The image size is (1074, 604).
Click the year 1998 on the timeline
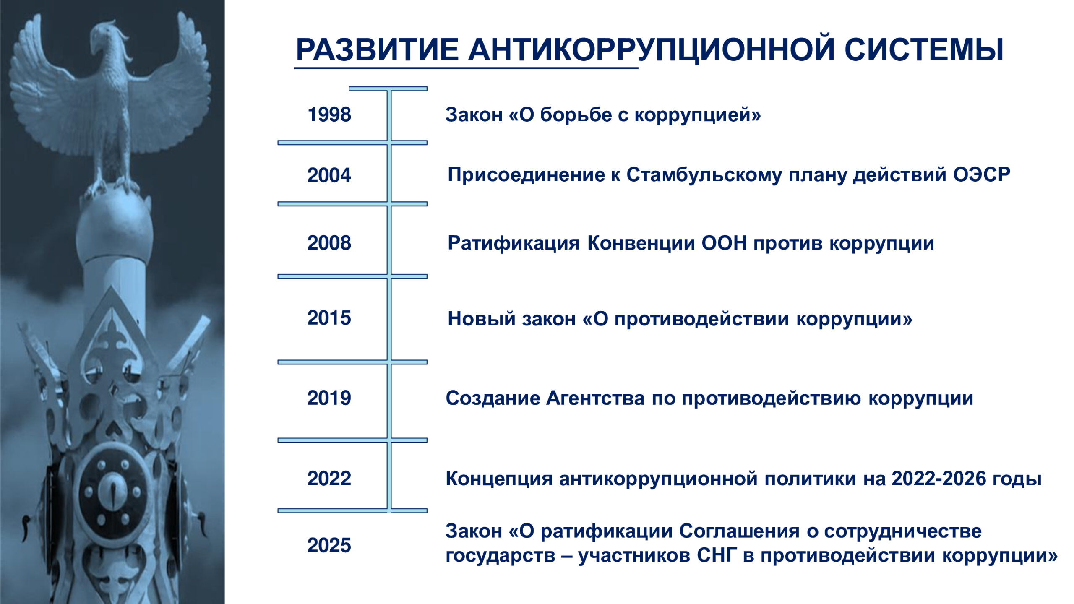[x=329, y=115]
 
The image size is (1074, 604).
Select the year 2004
[x=329, y=175]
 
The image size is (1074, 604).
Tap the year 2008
[x=329, y=243]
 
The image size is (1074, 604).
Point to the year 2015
[x=329, y=318]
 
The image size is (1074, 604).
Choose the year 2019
[x=329, y=398]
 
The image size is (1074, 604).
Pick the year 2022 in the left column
[x=329, y=479]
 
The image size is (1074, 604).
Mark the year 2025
[x=329, y=546]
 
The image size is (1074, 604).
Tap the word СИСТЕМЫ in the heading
[x=924, y=50]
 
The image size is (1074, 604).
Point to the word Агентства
[x=595, y=398]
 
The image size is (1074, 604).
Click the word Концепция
[x=499, y=479]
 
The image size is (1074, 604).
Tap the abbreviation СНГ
[x=717, y=555]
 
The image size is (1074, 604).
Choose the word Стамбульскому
[x=704, y=175]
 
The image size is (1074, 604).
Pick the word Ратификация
[x=514, y=243]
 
